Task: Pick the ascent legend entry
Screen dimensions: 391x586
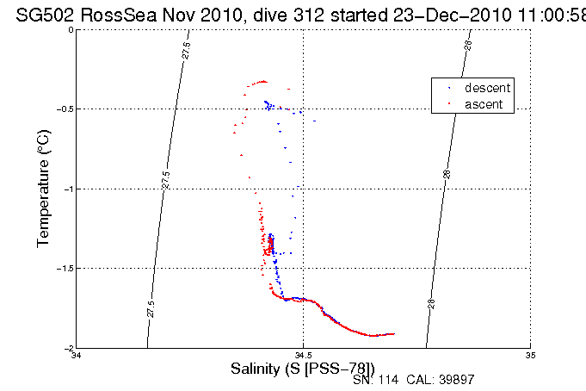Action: point(485,104)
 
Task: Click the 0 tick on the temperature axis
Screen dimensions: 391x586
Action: point(71,30)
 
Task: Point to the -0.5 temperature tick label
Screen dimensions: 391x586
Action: point(65,109)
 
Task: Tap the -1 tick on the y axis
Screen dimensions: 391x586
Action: point(68,189)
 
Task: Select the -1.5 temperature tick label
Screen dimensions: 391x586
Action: point(65,268)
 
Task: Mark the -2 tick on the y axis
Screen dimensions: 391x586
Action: point(68,348)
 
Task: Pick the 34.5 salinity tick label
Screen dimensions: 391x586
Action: point(303,355)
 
